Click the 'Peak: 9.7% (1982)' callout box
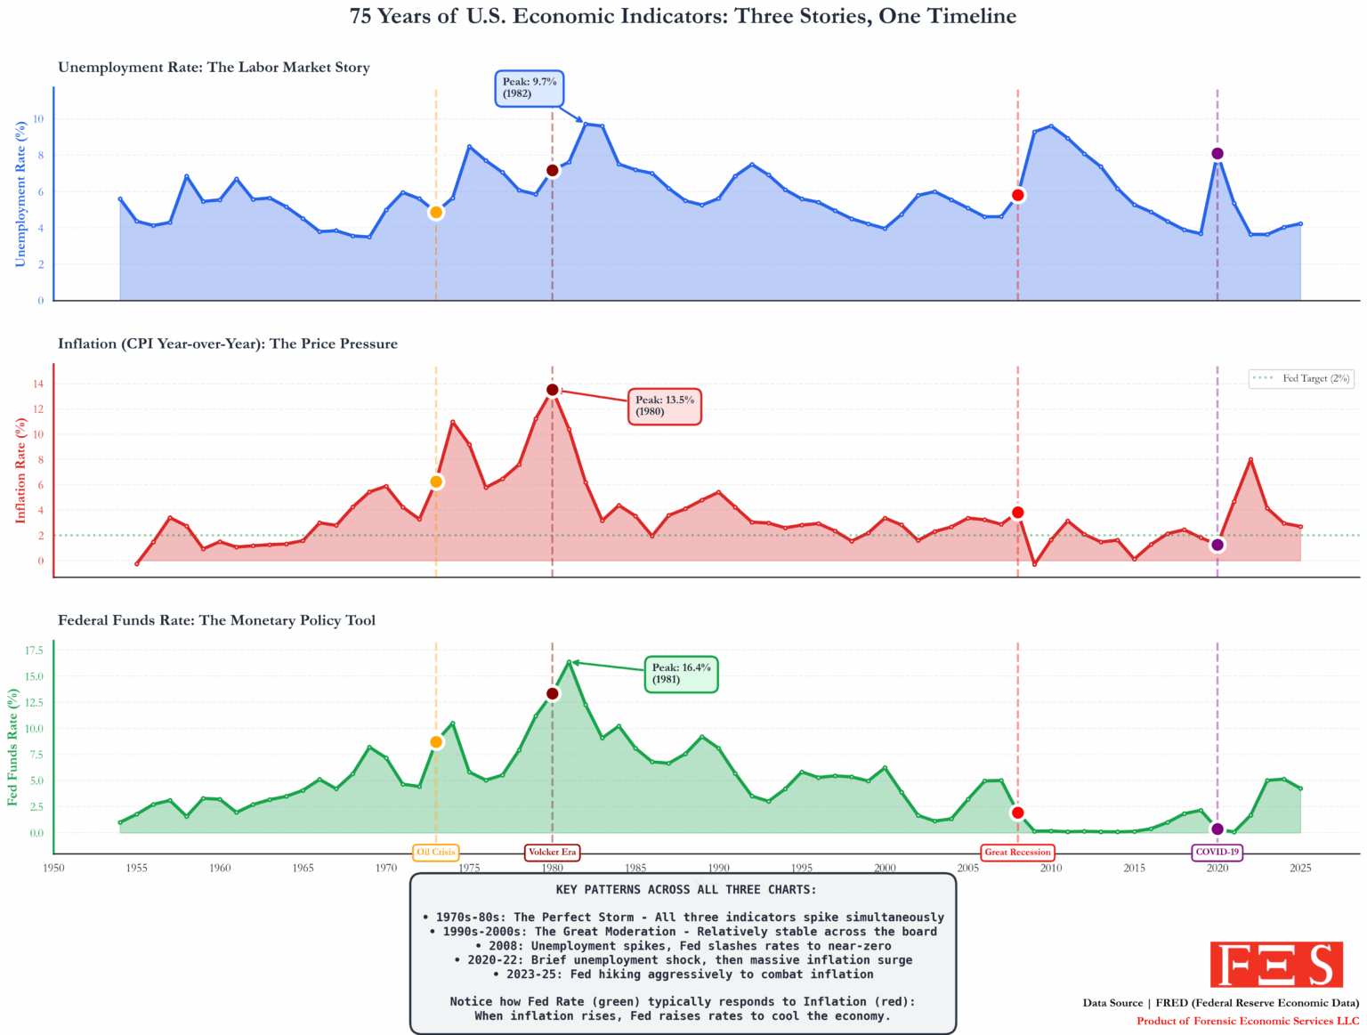(529, 88)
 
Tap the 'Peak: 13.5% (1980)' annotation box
(665, 406)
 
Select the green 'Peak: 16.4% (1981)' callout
(681, 674)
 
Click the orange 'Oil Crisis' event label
(436, 852)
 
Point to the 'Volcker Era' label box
(552, 852)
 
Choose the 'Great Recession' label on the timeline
(1017, 852)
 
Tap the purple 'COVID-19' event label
(1217, 852)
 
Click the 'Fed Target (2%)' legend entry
(1301, 378)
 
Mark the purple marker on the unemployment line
(1217, 154)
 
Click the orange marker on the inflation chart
(436, 481)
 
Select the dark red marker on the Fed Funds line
(553, 693)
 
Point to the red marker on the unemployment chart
(1018, 195)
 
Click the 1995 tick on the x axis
(802, 868)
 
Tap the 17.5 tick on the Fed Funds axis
(34, 651)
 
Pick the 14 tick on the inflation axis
(38, 384)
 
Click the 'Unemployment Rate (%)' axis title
(20, 194)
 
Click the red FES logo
(1276, 965)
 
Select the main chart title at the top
(683, 17)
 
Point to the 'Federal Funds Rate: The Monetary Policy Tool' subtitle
(216, 620)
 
